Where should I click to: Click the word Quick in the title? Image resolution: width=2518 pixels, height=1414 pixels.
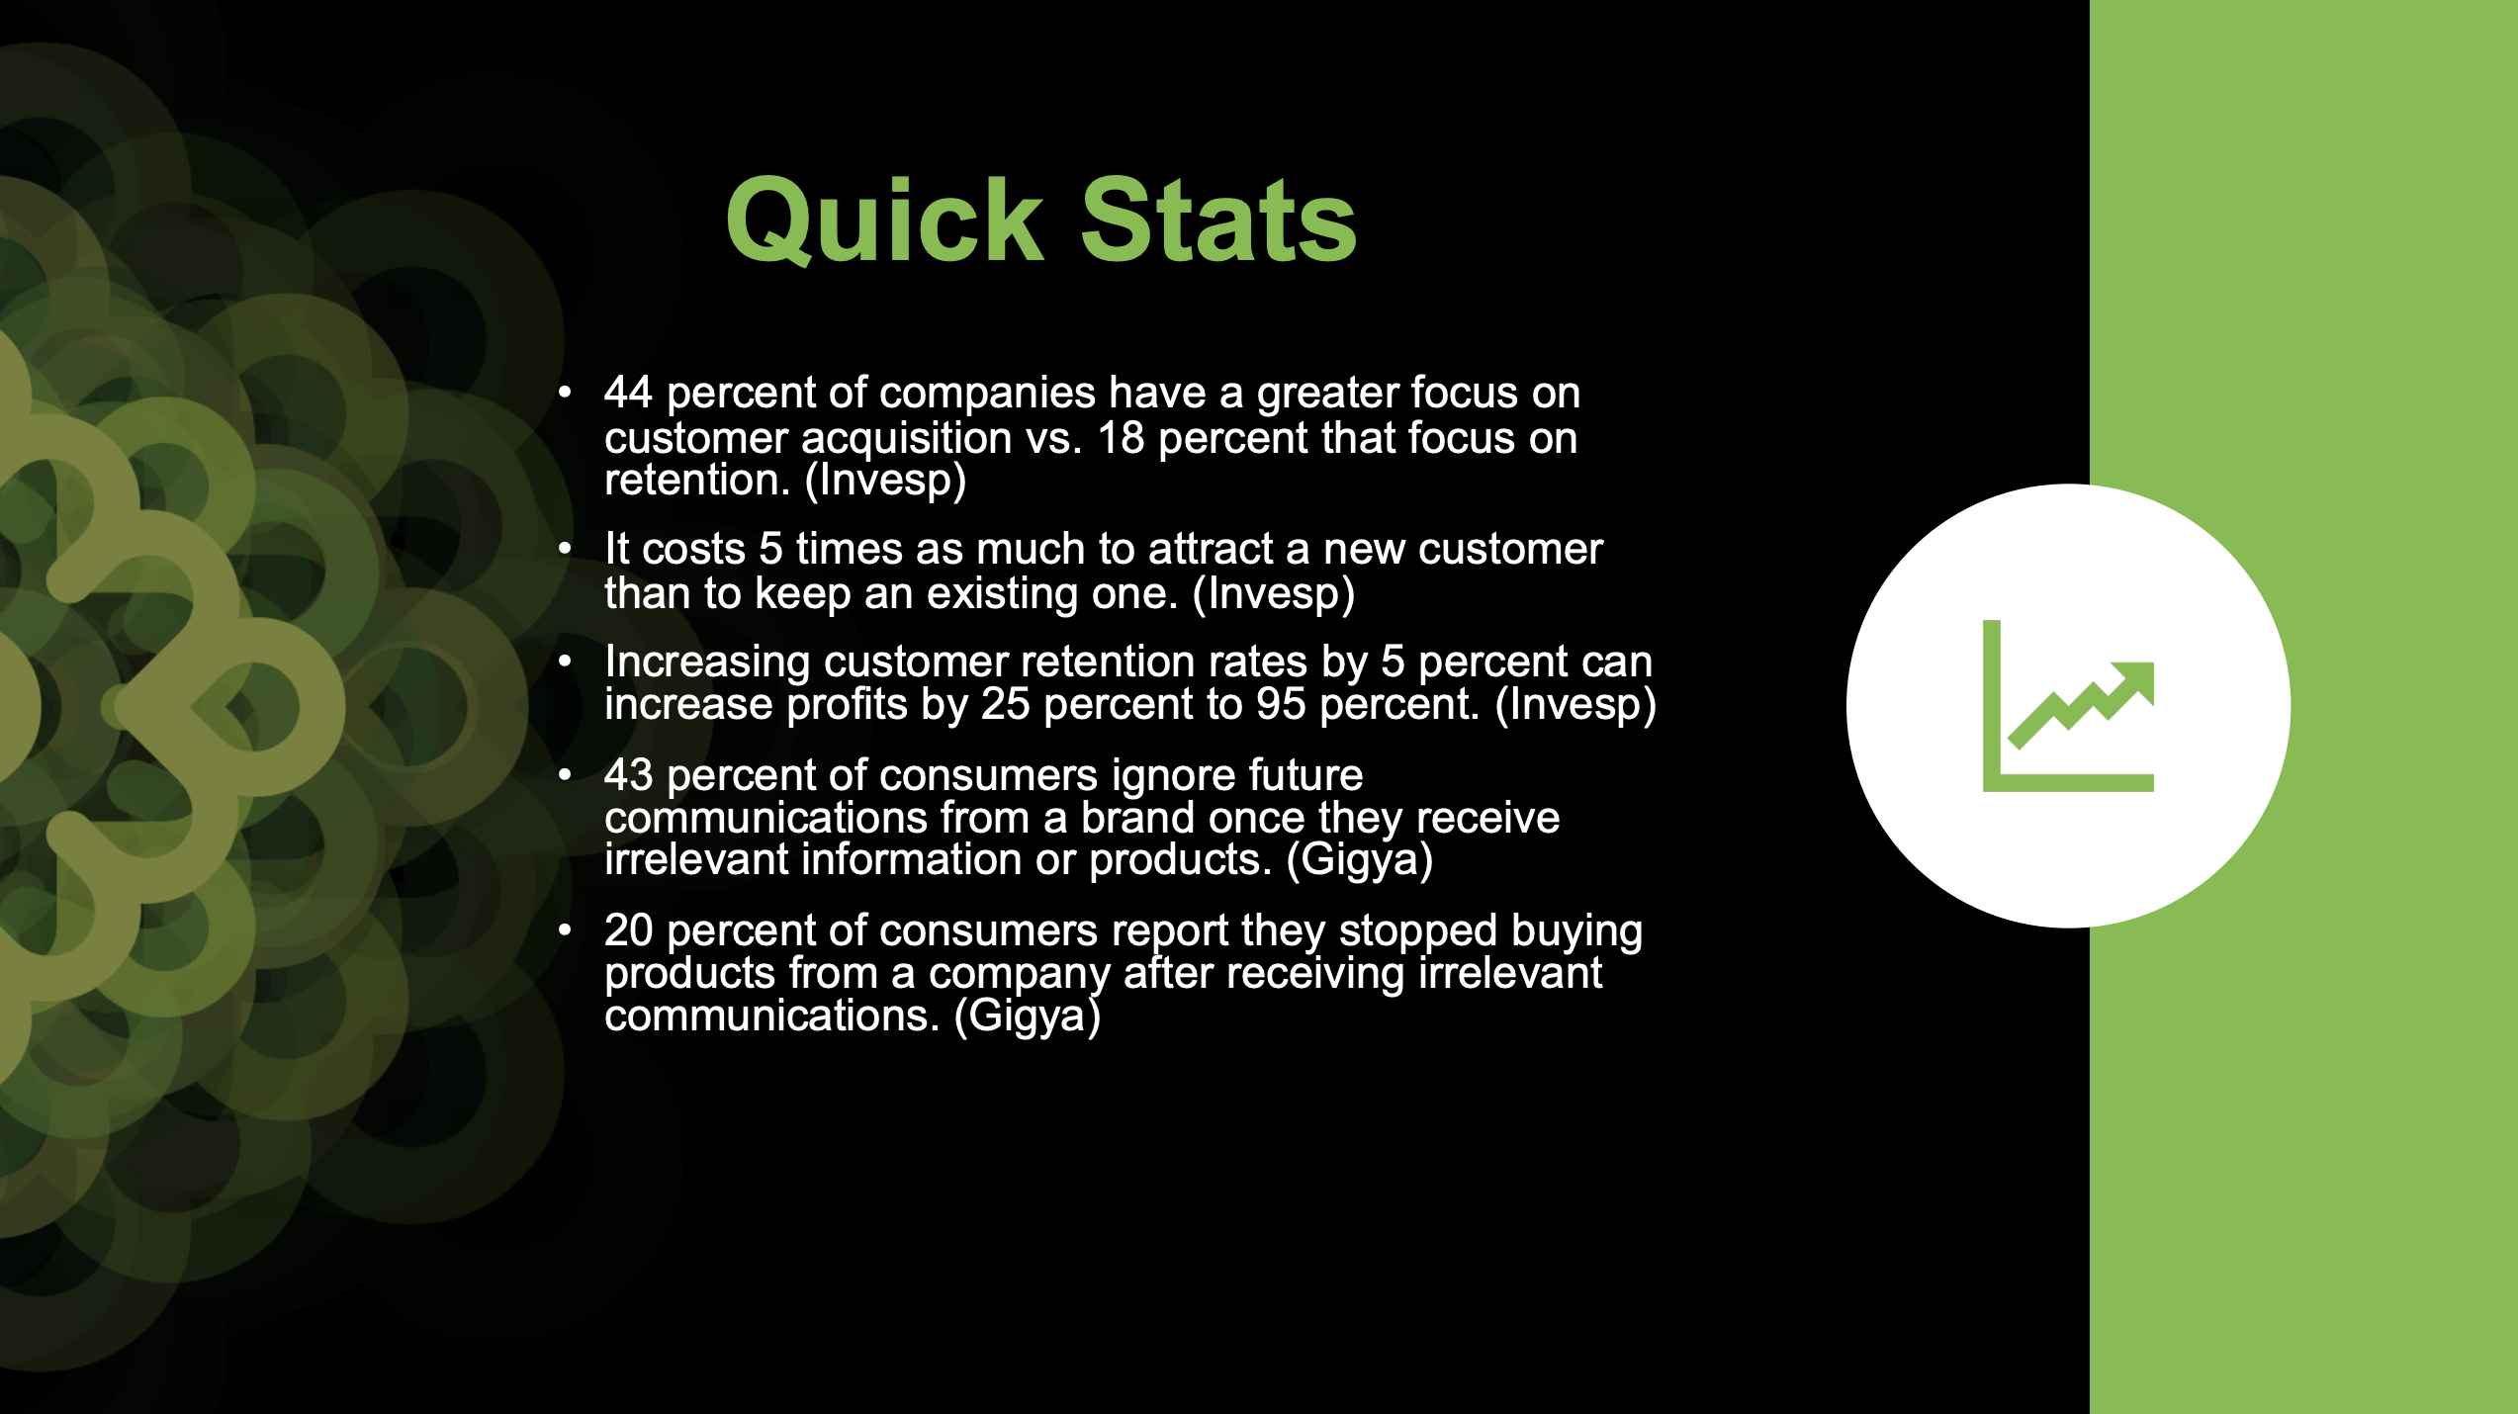click(x=885, y=221)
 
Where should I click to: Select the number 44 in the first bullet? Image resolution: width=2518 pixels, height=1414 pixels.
click(x=628, y=394)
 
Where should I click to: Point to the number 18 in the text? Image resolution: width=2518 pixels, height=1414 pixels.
click(x=1121, y=438)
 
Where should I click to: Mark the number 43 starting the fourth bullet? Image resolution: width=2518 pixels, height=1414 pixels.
click(x=628, y=776)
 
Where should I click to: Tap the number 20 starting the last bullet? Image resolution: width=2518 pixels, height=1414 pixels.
click(x=628, y=931)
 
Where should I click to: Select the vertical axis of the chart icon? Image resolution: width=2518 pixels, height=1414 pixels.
click(x=1992, y=706)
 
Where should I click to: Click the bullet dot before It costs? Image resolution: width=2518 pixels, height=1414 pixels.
click(x=565, y=548)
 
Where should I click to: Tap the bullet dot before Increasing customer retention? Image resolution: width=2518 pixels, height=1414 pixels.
click(x=565, y=662)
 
